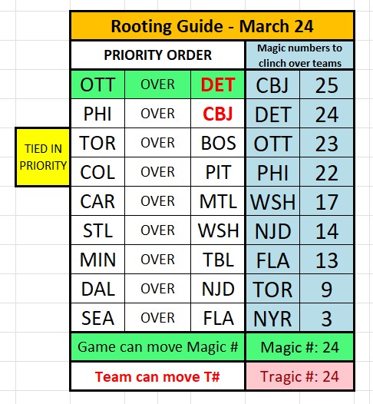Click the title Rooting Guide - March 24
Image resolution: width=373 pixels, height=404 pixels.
pos(212,25)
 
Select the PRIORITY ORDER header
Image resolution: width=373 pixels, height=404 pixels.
pos(157,55)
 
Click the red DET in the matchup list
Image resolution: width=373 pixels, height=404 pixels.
pos(218,84)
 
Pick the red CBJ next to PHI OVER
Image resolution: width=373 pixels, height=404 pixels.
pos(218,114)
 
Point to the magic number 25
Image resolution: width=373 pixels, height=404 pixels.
pos(326,84)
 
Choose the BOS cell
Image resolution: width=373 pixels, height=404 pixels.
pos(218,143)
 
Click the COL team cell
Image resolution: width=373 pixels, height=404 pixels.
pos(97,172)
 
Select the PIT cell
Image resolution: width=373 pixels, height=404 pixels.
pos(218,172)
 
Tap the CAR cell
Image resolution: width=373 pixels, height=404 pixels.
pos(97,201)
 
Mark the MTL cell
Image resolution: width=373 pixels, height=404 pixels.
pos(218,201)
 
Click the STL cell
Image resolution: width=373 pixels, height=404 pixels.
pos(97,230)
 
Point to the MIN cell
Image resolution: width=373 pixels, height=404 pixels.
pos(97,260)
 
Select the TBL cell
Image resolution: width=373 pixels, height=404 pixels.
pos(218,260)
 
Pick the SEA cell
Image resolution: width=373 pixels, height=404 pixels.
pos(97,318)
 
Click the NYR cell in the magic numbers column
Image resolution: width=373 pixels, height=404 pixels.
pos(272,318)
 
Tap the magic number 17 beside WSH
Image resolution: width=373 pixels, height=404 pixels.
pos(326,201)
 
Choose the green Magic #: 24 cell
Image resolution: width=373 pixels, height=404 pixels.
pos(299,347)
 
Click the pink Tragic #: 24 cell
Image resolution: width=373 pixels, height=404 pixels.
pos(299,376)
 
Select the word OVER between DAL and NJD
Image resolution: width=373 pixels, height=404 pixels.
pos(157,289)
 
